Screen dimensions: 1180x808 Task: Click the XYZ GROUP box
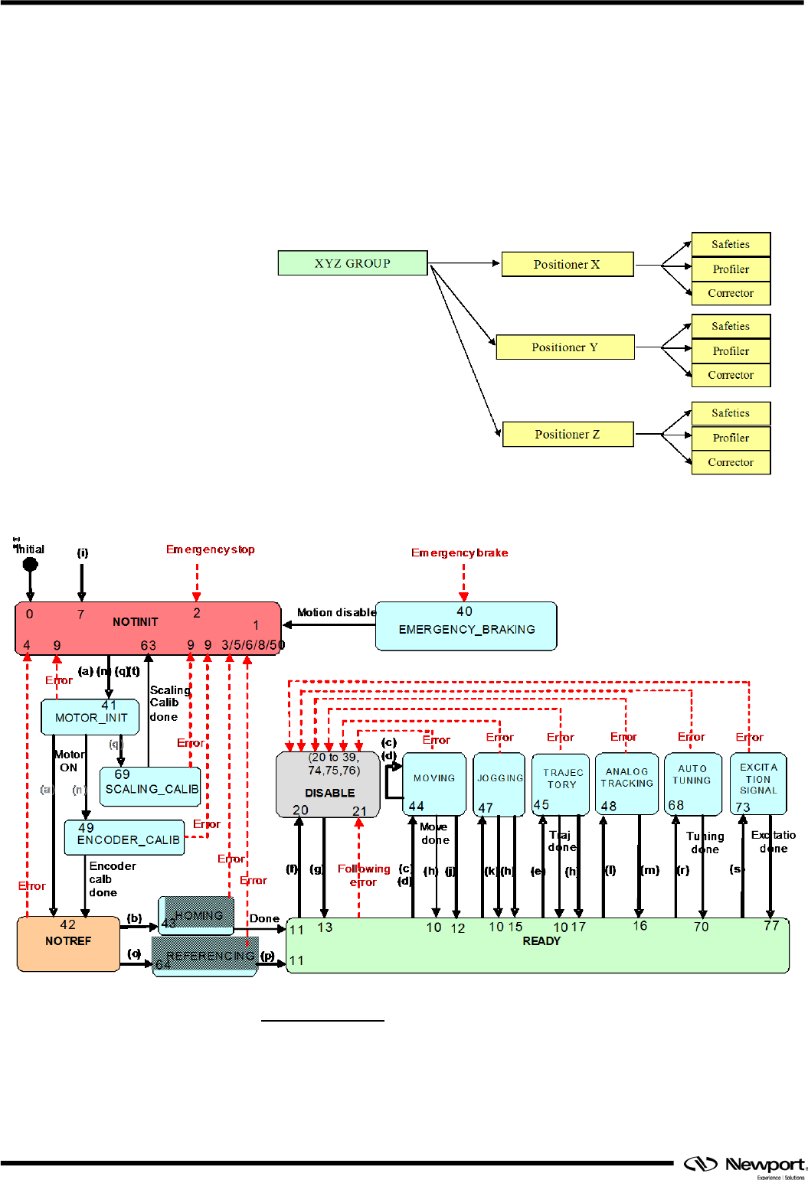[x=352, y=262]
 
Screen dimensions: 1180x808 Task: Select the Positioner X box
[x=568, y=264]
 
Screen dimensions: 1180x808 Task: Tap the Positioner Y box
[x=565, y=347]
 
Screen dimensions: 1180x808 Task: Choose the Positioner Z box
[x=568, y=434]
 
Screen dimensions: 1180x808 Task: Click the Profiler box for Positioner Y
[x=731, y=350]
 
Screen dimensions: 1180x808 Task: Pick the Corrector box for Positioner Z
[x=731, y=462]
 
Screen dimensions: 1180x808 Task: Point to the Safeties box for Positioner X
[x=731, y=244]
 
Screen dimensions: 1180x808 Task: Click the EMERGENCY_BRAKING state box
[x=466, y=626]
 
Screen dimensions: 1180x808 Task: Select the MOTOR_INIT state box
[x=90, y=717]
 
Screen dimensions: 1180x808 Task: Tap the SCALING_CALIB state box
[x=151, y=787]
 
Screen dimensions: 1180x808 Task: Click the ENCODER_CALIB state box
[x=125, y=837]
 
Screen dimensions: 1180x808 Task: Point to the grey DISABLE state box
[x=329, y=784]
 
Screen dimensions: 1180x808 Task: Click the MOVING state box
[x=434, y=784]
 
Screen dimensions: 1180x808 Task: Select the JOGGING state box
[x=499, y=784]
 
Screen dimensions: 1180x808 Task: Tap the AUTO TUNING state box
[x=692, y=784]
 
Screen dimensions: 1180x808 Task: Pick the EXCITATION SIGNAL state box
[x=758, y=784]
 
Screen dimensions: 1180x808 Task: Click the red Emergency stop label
[x=210, y=549]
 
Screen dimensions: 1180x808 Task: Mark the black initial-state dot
[x=31, y=565]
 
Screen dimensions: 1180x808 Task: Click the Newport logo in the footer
[x=744, y=1165]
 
